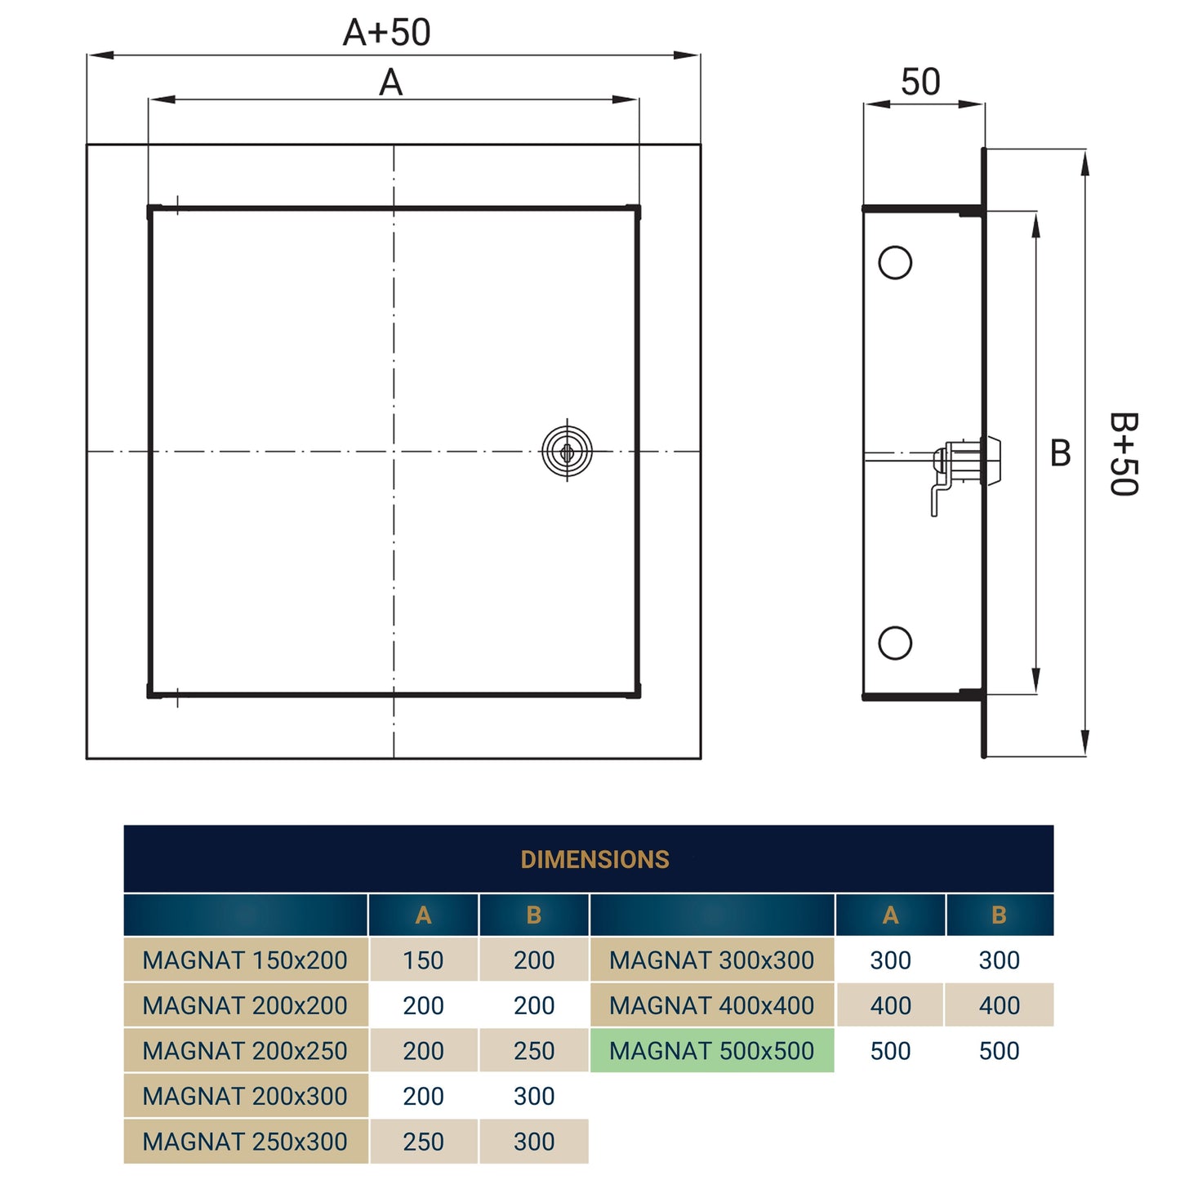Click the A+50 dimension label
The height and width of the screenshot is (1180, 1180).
[386, 33]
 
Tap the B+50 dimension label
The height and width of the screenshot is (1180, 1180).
[1123, 453]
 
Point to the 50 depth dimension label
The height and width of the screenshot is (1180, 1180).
[920, 82]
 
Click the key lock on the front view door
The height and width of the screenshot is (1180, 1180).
[567, 451]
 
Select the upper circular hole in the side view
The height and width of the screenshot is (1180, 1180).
[895, 262]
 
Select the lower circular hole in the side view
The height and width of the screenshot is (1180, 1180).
[895, 643]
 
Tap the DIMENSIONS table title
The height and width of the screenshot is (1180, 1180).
[594, 860]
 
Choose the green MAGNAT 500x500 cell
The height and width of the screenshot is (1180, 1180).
[711, 1051]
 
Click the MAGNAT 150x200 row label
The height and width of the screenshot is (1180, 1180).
[245, 960]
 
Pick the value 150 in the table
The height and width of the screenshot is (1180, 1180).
[423, 960]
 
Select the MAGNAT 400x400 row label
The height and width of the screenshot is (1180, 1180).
[711, 1005]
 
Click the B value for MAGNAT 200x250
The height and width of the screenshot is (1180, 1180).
[534, 1051]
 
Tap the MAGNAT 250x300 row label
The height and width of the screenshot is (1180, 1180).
[245, 1142]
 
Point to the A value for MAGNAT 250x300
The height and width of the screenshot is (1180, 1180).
[423, 1142]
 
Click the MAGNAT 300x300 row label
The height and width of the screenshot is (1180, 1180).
[711, 960]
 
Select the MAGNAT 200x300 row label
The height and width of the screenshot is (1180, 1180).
[245, 1096]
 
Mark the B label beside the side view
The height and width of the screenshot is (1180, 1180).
[1060, 453]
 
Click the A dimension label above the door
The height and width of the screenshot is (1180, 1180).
[390, 82]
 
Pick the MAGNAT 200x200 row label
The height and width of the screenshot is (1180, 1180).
[245, 1005]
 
